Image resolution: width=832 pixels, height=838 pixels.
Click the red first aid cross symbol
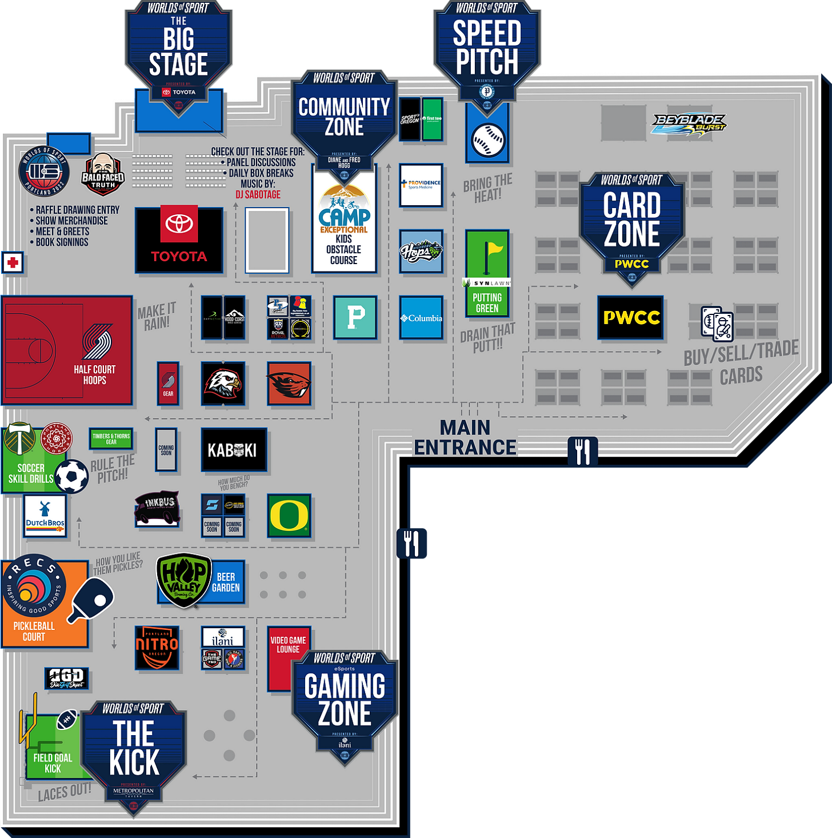coord(13,263)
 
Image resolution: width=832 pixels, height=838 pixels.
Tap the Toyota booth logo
coord(179,240)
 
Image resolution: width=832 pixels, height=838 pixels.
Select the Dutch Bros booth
coord(45,516)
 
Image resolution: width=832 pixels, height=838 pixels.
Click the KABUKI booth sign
coord(234,450)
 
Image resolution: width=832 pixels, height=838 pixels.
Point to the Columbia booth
coord(421,318)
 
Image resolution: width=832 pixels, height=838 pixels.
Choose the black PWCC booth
coord(630,317)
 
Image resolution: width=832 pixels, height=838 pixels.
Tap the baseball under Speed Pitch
coord(487,139)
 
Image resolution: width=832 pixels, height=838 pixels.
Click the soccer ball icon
coord(72,476)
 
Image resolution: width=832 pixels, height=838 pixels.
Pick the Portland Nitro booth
coord(157,648)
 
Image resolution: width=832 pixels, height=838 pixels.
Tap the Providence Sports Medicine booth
coord(421,185)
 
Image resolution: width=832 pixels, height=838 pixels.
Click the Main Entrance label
coord(465,437)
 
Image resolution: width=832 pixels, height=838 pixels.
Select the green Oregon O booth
coord(289,516)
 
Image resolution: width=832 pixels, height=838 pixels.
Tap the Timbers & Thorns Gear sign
coord(111,438)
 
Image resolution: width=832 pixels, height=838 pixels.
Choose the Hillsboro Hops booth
coord(421,251)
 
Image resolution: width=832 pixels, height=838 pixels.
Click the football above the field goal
coord(67,720)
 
